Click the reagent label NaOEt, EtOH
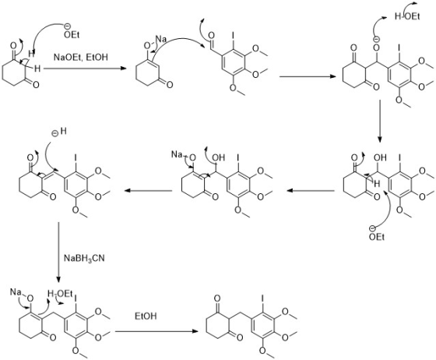(x=81, y=58)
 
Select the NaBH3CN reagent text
(x=84, y=258)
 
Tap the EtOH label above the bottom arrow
(x=146, y=316)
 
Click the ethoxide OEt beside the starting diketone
(x=72, y=35)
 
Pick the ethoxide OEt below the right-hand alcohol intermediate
(x=377, y=237)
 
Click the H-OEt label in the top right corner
(x=407, y=16)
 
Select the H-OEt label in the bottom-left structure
(x=60, y=294)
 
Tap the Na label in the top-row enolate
(x=160, y=39)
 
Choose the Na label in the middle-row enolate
(x=177, y=154)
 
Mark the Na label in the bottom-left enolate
(x=16, y=292)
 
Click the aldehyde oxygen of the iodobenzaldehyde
(x=211, y=35)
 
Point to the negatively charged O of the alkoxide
(x=377, y=48)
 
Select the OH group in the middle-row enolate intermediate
(x=219, y=157)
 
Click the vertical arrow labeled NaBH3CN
(x=58, y=252)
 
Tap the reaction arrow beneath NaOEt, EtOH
(x=85, y=68)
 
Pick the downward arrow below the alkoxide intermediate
(x=380, y=122)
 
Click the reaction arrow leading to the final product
(x=156, y=331)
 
